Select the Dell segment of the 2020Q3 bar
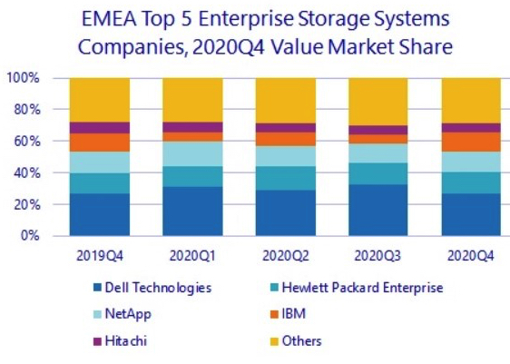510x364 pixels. [378, 210]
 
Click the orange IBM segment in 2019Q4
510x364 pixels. [99, 143]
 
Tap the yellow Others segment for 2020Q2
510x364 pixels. [285, 100]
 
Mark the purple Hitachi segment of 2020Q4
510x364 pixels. [470, 128]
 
